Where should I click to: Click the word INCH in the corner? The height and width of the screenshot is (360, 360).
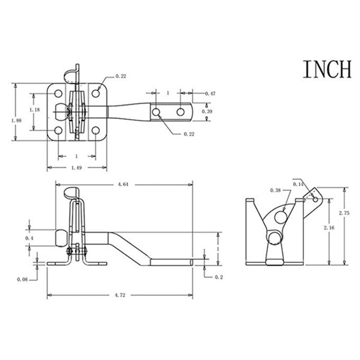tap(327, 69)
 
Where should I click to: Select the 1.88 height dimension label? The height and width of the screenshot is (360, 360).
tap(16, 121)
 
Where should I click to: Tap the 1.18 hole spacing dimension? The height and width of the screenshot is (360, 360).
tap(35, 110)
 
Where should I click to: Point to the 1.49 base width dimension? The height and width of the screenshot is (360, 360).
tap(76, 168)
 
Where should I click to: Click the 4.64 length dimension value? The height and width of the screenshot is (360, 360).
tap(123, 184)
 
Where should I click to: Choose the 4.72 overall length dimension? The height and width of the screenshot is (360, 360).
tap(120, 295)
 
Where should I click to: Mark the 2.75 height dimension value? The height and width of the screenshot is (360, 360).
tap(344, 213)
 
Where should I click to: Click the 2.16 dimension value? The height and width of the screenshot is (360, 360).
tap(329, 228)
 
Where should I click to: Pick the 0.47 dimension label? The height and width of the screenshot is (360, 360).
tap(210, 94)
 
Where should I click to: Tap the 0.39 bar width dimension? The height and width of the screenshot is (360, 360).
tap(207, 111)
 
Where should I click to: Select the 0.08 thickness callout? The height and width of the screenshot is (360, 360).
tap(22, 279)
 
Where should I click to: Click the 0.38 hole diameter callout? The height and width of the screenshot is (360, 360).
tap(275, 190)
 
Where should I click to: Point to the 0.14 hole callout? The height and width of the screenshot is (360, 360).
tap(298, 184)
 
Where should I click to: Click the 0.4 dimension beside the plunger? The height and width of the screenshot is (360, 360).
tap(29, 238)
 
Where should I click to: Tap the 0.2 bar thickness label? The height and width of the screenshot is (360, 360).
tap(219, 277)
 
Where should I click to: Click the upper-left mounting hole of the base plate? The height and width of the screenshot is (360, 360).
tap(58, 94)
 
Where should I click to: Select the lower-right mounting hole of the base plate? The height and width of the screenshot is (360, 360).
tap(95, 130)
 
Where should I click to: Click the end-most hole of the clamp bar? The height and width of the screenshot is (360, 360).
tap(180, 112)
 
